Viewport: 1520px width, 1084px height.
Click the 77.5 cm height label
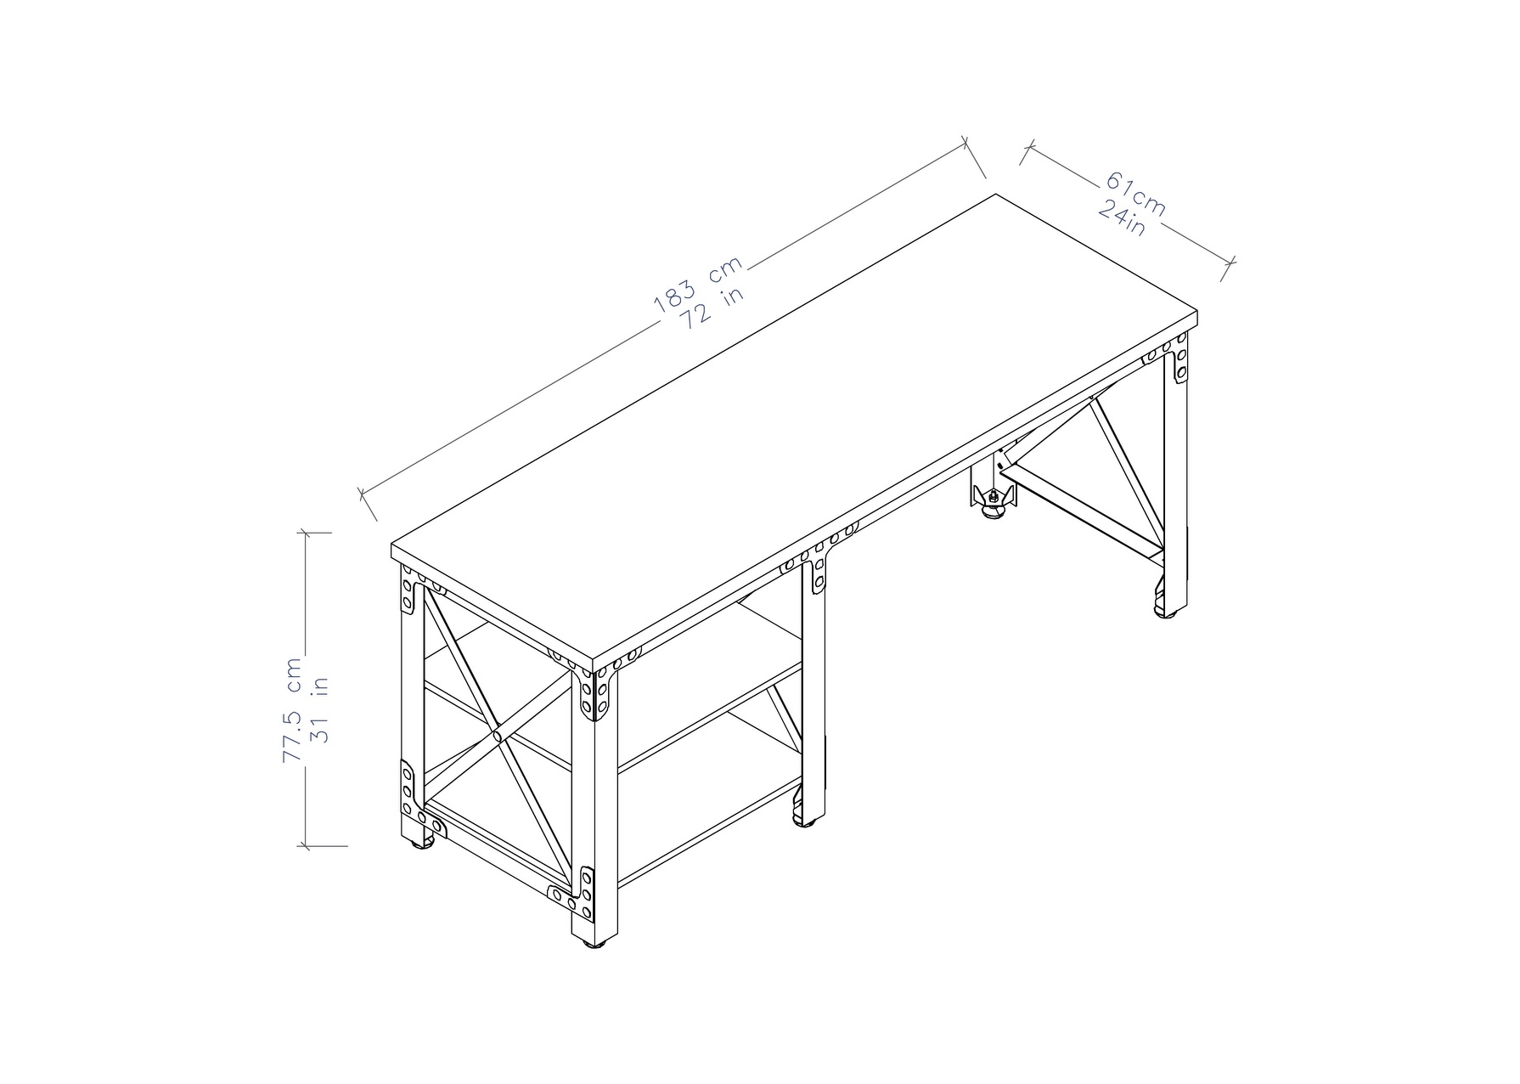click(x=293, y=709)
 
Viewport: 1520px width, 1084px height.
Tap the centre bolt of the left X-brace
click(x=495, y=733)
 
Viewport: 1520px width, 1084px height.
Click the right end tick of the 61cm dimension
click(x=1229, y=268)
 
